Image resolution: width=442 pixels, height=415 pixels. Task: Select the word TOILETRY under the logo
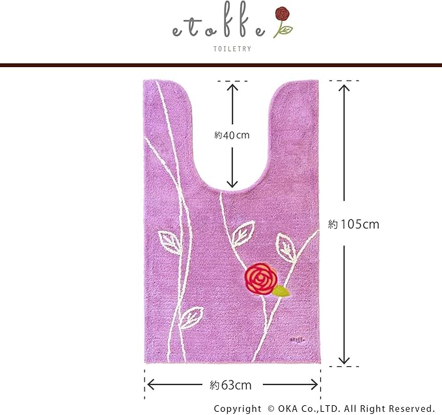click(232, 48)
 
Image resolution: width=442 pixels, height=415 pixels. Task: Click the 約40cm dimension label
click(232, 135)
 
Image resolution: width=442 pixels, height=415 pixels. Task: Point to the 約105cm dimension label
click(353, 224)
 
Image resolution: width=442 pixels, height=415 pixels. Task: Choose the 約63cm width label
click(231, 385)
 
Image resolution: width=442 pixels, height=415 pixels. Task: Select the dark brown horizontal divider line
click(221, 65)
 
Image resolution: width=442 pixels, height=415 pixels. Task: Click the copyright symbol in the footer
click(270, 408)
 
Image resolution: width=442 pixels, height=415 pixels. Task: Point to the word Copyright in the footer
click(238, 408)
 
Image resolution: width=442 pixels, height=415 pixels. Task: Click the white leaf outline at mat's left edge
click(172, 244)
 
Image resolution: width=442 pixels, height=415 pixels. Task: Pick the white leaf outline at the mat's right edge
click(286, 247)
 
